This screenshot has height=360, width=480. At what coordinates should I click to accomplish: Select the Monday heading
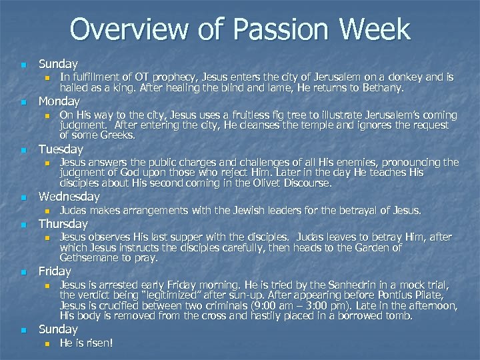pyautogui.click(x=59, y=101)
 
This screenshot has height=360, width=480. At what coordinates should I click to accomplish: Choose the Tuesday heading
pyautogui.click(x=61, y=149)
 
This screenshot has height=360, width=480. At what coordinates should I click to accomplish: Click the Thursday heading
pyautogui.click(x=63, y=223)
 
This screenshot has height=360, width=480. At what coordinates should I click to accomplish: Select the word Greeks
pyautogui.click(x=118, y=135)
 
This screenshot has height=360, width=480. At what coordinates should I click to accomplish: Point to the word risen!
pyautogui.click(x=99, y=343)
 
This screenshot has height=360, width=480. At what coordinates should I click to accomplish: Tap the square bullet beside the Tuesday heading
pyautogui.click(x=23, y=150)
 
